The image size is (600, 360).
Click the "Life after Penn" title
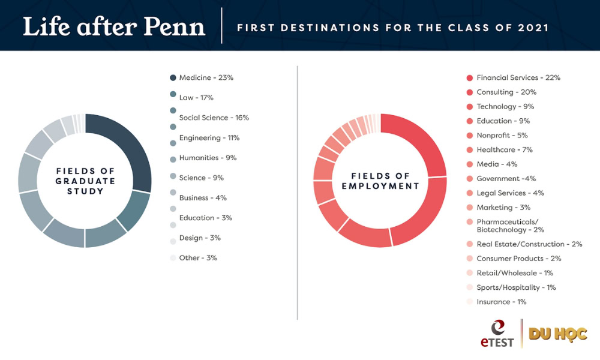tap(114, 26)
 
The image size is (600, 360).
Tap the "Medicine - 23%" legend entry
tap(206, 77)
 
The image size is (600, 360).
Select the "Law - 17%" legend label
tap(196, 97)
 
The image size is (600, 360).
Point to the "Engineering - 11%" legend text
tap(209, 137)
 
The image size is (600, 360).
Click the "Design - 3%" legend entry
tap(200, 238)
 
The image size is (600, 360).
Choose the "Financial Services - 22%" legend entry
tap(518, 77)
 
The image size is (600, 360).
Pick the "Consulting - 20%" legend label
tap(506, 92)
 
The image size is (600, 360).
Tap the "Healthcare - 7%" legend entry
tap(505, 149)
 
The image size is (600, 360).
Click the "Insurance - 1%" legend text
tap(501, 302)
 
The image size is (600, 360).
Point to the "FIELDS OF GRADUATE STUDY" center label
tap(85, 181)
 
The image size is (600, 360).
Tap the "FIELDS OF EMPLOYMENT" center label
tap(380, 181)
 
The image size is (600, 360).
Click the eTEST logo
tap(496, 334)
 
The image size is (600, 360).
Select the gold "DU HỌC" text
tap(557, 334)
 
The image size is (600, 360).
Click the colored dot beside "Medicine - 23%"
tap(173, 77)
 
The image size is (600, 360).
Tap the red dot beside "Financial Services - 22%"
tap(470, 77)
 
